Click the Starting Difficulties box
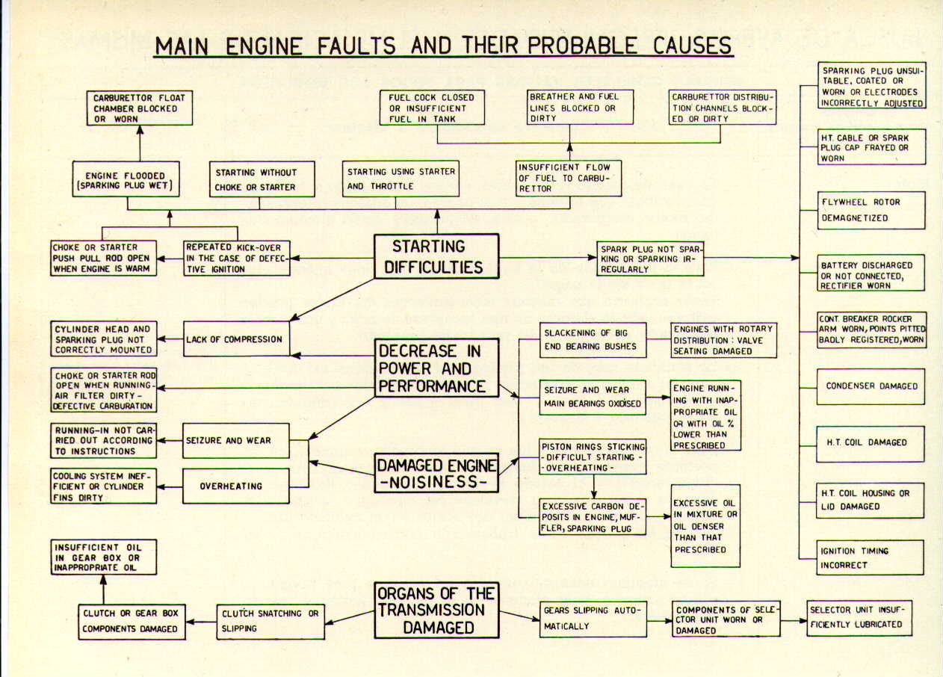[x=436, y=256]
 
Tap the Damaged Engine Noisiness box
[x=436, y=474]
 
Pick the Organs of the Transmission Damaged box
[x=436, y=610]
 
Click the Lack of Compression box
[x=235, y=339]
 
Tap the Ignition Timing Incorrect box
[x=861, y=557]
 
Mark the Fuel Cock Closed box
[x=431, y=107]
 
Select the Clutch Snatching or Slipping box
[x=270, y=621]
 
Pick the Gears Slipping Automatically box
[x=593, y=618]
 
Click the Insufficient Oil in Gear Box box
[x=104, y=557]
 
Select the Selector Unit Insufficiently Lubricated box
[x=859, y=617]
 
